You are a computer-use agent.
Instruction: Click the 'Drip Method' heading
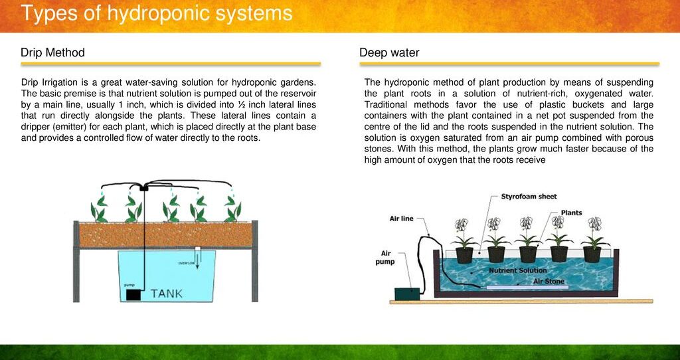coord(52,53)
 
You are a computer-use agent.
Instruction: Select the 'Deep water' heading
coord(389,53)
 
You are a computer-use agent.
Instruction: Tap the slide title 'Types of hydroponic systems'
coord(157,13)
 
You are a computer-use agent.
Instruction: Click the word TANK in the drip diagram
coord(167,294)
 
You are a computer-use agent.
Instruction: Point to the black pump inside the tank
coord(133,295)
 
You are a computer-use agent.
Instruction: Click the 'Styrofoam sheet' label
coord(529,197)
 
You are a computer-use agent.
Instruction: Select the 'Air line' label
coord(402,219)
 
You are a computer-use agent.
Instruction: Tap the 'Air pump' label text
coord(385,257)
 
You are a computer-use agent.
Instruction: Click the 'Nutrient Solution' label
coord(518,270)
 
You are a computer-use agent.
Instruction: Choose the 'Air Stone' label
coord(549,281)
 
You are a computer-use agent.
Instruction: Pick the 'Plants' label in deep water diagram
coord(572,213)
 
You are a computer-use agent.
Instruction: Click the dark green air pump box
coord(407,294)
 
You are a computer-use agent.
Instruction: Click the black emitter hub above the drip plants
coord(144,188)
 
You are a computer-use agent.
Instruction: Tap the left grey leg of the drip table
coord(76,261)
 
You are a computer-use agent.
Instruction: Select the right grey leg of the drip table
coord(254,261)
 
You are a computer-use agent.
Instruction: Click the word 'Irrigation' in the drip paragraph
coord(59,82)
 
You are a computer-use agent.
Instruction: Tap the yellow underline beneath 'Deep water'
coord(509,64)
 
